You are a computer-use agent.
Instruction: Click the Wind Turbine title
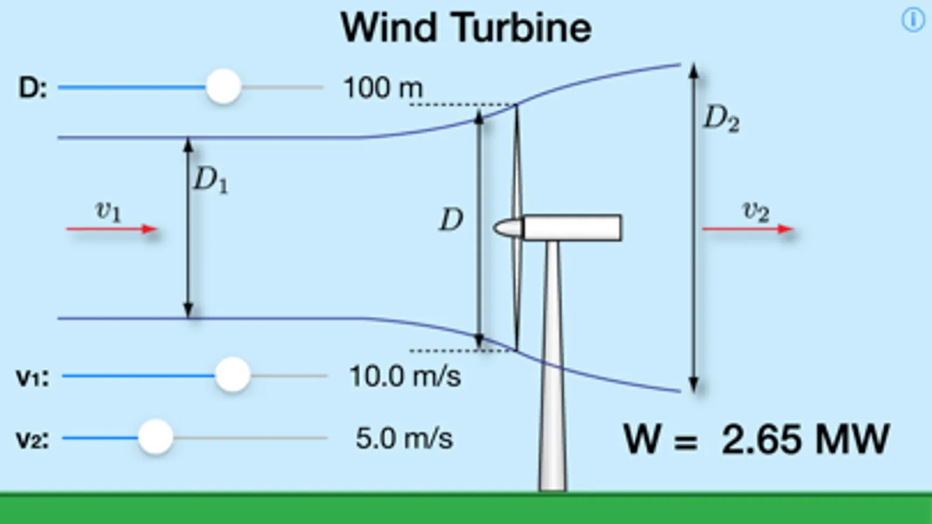pyautogui.click(x=466, y=27)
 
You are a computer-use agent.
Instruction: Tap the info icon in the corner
pyautogui.click(x=913, y=20)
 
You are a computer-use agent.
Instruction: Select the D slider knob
pyautogui.click(x=223, y=87)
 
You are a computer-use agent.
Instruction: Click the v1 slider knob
pyautogui.click(x=233, y=375)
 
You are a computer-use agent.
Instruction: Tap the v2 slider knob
pyautogui.click(x=156, y=437)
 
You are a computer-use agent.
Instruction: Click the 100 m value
pyautogui.click(x=383, y=88)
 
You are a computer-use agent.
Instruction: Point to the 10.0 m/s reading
pyautogui.click(x=405, y=376)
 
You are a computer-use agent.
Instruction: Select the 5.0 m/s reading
pyautogui.click(x=404, y=438)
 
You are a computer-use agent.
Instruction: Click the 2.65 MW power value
pyautogui.click(x=805, y=439)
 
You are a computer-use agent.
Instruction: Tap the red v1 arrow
pyautogui.click(x=111, y=229)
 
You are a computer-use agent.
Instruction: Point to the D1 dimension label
pyautogui.click(x=210, y=179)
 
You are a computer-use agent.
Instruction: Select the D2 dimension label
pyautogui.click(x=721, y=119)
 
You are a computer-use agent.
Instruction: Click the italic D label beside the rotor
pyautogui.click(x=451, y=220)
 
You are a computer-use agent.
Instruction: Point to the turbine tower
pyautogui.click(x=552, y=373)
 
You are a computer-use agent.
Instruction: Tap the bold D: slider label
pyautogui.click(x=33, y=88)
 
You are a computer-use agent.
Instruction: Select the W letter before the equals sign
pyautogui.click(x=643, y=439)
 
